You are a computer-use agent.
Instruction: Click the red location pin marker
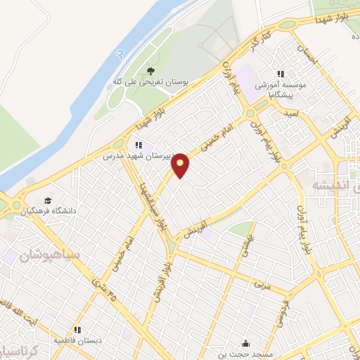pos(181,165)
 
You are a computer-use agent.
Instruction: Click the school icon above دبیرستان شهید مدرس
pos(139,145)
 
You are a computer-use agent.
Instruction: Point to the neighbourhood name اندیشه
pos(330,186)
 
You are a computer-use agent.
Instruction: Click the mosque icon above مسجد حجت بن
pos(245,343)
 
